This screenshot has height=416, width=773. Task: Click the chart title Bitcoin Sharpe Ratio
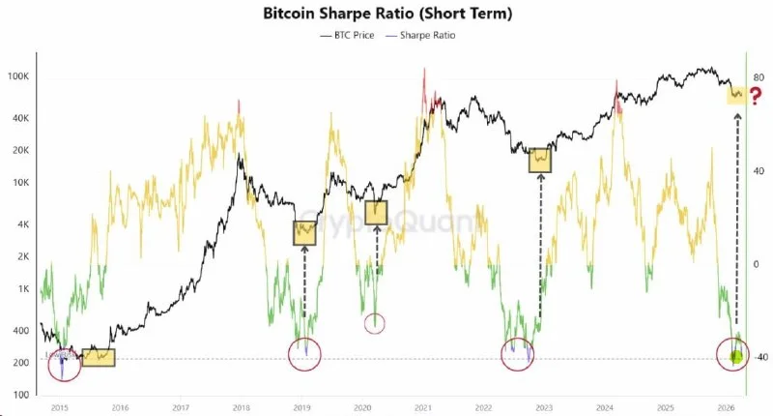[x=386, y=14]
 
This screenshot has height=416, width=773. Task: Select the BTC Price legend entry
[x=350, y=35]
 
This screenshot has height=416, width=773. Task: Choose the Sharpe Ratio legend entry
[x=420, y=35]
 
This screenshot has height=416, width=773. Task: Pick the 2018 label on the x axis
[x=241, y=408]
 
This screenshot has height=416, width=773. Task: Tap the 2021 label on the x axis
[x=422, y=408]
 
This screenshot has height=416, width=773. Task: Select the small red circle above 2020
[x=375, y=323]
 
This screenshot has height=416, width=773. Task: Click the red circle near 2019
[x=306, y=354]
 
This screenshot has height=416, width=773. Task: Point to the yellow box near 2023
[x=539, y=160]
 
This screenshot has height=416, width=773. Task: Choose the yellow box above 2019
[x=305, y=232]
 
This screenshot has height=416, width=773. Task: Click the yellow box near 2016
[x=98, y=357]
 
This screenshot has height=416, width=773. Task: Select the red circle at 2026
[x=735, y=354]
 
